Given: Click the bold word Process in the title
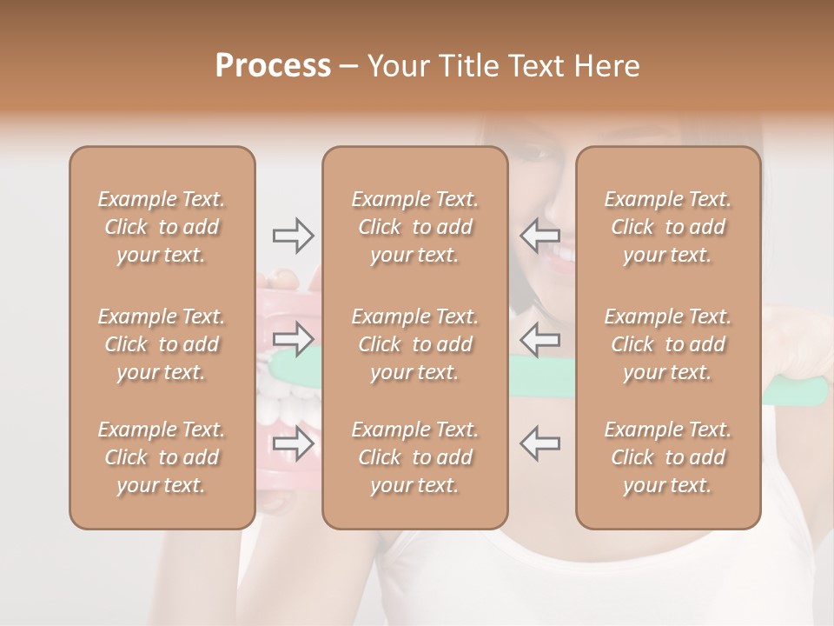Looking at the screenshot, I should (273, 66).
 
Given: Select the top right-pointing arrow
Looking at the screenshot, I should (294, 236).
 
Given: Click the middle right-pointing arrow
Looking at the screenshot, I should (294, 339).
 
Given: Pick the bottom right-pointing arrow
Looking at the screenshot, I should (294, 444).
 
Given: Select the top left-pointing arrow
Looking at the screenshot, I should (540, 236).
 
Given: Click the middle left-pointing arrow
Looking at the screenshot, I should (540, 339).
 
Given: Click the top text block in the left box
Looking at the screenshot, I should (162, 227).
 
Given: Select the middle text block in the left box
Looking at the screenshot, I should (162, 344).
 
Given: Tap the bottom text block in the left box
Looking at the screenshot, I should (162, 457).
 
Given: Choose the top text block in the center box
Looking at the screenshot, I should (414, 227).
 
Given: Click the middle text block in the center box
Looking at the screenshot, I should (414, 344).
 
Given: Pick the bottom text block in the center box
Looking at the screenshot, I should (414, 457).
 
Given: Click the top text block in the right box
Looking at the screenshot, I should (668, 227).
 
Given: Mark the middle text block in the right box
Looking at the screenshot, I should (668, 344).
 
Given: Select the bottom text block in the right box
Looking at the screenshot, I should (668, 457).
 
